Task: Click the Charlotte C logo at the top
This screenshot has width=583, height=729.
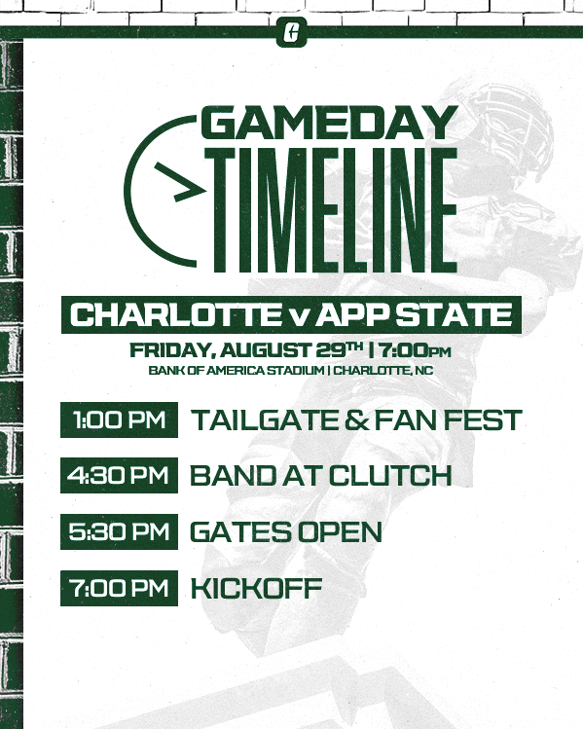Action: point(292,31)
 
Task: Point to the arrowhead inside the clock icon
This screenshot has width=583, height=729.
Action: point(181,182)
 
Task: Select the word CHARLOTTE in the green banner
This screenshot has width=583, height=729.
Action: point(176,314)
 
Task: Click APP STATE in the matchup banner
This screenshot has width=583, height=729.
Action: point(417,314)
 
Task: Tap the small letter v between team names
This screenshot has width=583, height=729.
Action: point(301,318)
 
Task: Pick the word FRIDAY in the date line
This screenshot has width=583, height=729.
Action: point(172,350)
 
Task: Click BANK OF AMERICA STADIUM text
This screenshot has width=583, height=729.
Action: point(237,371)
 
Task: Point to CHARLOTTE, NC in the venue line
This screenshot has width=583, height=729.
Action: point(383,371)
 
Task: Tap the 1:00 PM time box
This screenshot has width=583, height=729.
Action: point(119,419)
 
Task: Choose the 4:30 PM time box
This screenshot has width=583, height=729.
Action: point(119,475)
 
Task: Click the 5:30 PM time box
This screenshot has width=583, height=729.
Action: point(119,531)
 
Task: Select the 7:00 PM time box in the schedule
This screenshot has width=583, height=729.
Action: point(119,588)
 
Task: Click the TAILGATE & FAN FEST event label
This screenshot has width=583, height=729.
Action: point(356,420)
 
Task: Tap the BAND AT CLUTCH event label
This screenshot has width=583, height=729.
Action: point(321,476)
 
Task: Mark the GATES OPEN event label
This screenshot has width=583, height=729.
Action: point(286,531)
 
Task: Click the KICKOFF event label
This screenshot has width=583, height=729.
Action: point(256,588)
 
